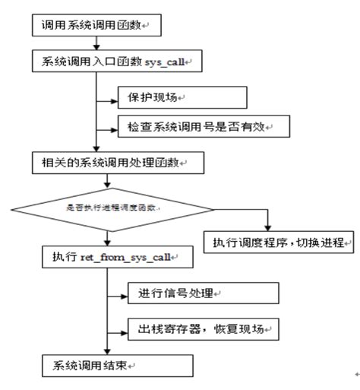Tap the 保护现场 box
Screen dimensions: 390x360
(183, 97)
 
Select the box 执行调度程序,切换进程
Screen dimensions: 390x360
(279, 242)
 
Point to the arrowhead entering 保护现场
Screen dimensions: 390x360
(115, 97)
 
